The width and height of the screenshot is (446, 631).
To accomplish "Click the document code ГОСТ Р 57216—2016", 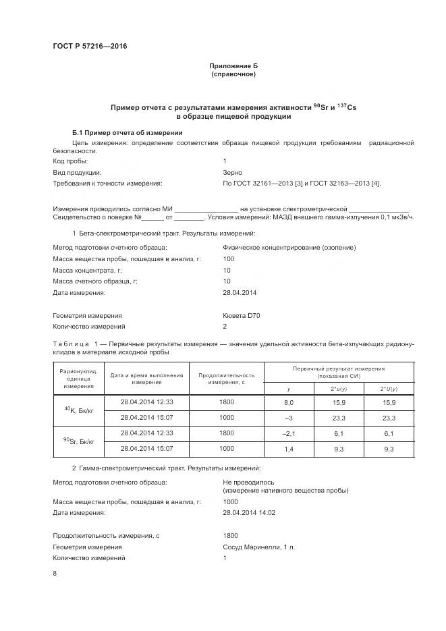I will point(90,46).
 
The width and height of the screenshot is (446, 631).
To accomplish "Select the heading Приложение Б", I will point(233,65).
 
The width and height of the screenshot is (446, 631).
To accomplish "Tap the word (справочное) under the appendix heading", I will point(233,74).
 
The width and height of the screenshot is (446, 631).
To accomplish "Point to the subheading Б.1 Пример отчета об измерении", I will point(128,133).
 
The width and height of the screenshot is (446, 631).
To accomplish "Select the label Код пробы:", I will point(70,161).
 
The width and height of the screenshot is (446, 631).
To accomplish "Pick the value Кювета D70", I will point(242,315).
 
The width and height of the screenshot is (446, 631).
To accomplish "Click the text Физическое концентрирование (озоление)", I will point(289,247).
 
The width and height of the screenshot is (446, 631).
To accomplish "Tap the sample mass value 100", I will point(229,258).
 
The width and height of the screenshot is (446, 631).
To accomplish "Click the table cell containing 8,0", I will point(289,402).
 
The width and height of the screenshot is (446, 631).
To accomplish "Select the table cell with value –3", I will point(289,418).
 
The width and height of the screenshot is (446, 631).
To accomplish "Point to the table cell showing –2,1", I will point(289,433).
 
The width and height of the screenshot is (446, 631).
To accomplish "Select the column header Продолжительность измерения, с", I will point(226,379).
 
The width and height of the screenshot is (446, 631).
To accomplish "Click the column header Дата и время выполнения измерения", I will point(146,379).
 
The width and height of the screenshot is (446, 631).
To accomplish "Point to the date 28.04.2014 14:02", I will point(248,513).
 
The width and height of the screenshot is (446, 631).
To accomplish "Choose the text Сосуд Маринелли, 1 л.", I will point(259,547).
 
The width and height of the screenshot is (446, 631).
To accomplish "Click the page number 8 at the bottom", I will point(55,574).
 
